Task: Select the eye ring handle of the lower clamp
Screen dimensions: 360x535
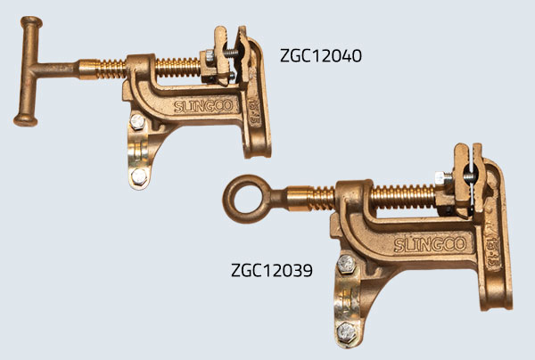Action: (243, 196)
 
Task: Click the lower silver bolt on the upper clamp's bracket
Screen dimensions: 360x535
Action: (138, 175)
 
